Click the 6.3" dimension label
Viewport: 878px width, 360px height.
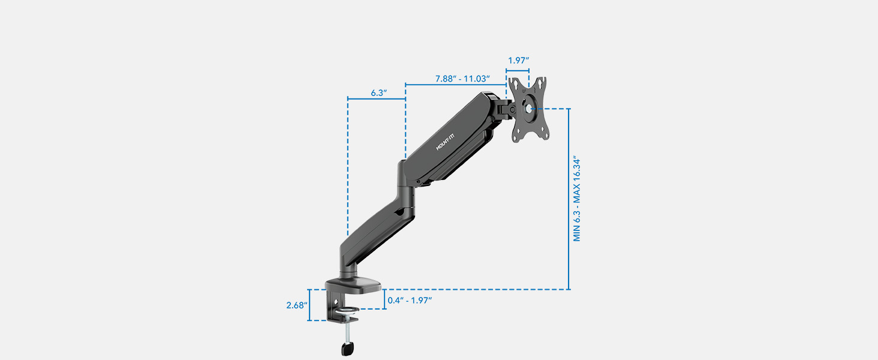pos(378,93)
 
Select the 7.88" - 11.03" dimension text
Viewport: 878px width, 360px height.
pos(463,79)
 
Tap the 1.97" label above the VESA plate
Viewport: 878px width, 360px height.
pos(518,61)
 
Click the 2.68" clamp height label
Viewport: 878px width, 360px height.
pos(296,305)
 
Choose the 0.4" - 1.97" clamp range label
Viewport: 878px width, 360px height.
pos(410,300)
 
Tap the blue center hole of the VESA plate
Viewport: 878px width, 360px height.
pos(528,109)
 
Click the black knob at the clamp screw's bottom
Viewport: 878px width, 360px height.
pos(347,348)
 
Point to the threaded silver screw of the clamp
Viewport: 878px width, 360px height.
pos(347,330)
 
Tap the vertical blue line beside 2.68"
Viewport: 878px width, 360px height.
pos(309,305)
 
